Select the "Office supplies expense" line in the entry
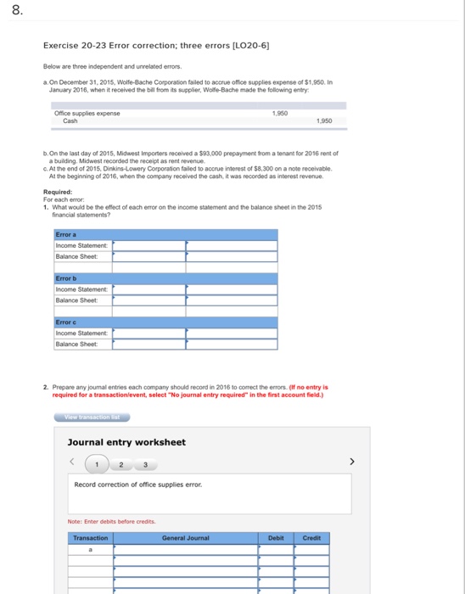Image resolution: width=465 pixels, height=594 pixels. pos(87,113)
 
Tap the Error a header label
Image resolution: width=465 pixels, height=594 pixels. pos(65,234)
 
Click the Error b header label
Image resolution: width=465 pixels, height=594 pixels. pos(65,278)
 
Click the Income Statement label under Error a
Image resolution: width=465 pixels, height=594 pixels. pos(81,245)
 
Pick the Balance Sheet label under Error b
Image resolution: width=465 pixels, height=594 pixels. pos(77,300)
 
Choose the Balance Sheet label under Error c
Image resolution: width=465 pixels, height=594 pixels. pos(77,344)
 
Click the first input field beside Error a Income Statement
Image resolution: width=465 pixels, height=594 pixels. pos(149,245)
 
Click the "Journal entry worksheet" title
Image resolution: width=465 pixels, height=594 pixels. pos(126,442)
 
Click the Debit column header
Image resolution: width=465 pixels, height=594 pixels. pos(276,537)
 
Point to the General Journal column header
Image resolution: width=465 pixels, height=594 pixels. pos(185,537)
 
